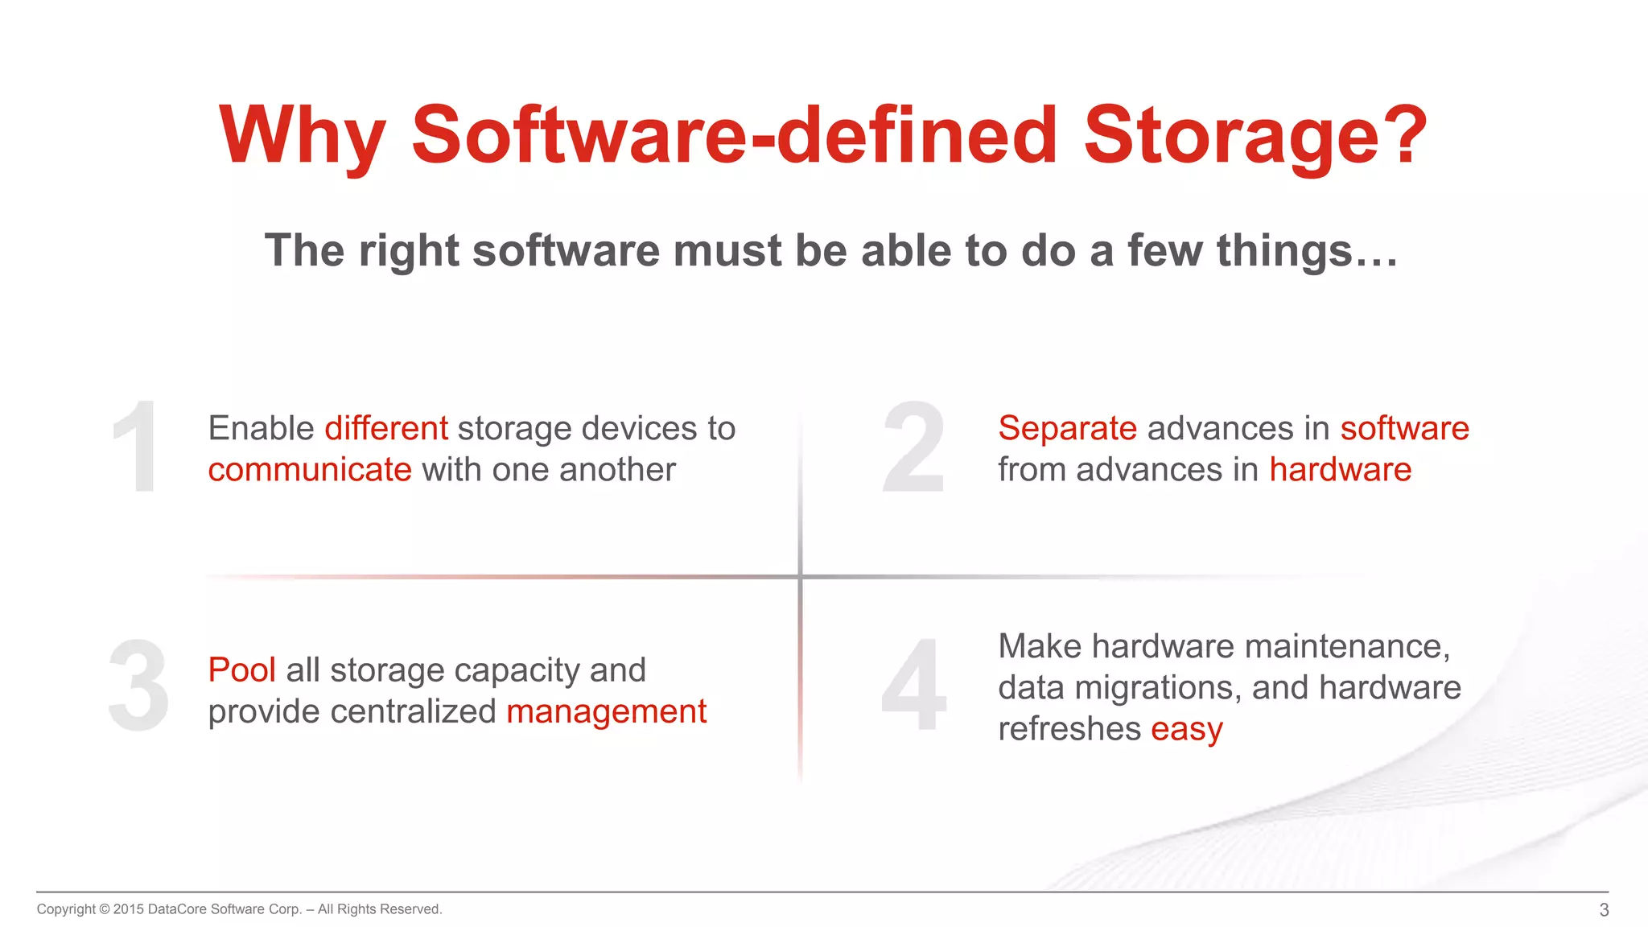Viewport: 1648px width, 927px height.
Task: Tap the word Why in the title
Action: tap(302, 137)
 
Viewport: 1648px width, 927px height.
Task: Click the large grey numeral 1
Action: tap(137, 447)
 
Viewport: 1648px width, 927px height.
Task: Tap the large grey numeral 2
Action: tap(913, 447)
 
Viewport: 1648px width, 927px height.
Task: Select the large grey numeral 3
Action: tap(138, 686)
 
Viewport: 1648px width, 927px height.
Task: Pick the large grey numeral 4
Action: tap(914, 686)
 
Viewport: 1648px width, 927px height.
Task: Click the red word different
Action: tap(386, 428)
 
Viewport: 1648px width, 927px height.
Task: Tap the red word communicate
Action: tap(310, 470)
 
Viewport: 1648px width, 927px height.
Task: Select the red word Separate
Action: tap(1067, 428)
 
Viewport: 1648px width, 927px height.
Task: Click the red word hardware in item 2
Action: tap(1340, 470)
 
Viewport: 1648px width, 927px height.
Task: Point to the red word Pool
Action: tap(241, 670)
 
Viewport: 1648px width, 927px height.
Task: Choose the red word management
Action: tap(606, 712)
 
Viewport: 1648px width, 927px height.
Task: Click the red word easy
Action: tap(1186, 730)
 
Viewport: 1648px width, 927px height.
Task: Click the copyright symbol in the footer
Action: tap(104, 909)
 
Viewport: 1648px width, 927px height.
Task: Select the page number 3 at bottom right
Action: tap(1604, 910)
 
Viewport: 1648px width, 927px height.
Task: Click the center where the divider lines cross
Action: tap(800, 576)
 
